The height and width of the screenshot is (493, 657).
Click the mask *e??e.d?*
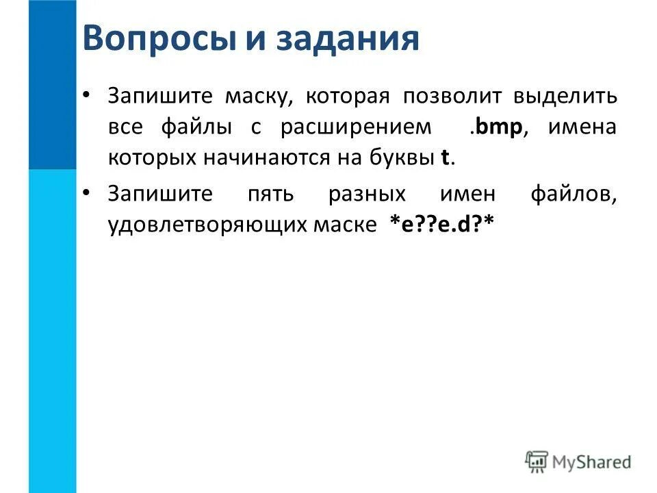point(441,225)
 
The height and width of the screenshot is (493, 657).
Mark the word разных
point(367,194)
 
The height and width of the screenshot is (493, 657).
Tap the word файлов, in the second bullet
point(574,194)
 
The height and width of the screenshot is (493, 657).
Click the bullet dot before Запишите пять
point(86,192)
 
